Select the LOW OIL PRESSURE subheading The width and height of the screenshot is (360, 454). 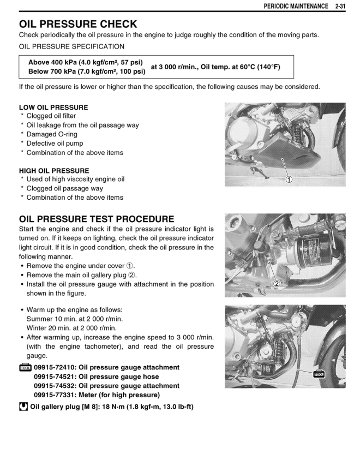[x=53, y=107]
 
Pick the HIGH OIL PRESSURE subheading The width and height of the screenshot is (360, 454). [x=54, y=171]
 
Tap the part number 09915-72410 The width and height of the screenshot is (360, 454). [x=54, y=367]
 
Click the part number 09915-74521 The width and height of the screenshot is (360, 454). [x=54, y=377]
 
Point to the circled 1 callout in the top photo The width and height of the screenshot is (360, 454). [x=289, y=180]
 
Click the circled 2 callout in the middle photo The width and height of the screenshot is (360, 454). [x=277, y=284]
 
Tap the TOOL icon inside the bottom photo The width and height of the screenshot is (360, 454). [x=319, y=374]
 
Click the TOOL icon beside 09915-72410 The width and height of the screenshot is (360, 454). [x=25, y=368]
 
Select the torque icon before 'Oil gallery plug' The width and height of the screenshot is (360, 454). [x=23, y=407]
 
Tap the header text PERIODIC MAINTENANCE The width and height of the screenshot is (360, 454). [x=292, y=6]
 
